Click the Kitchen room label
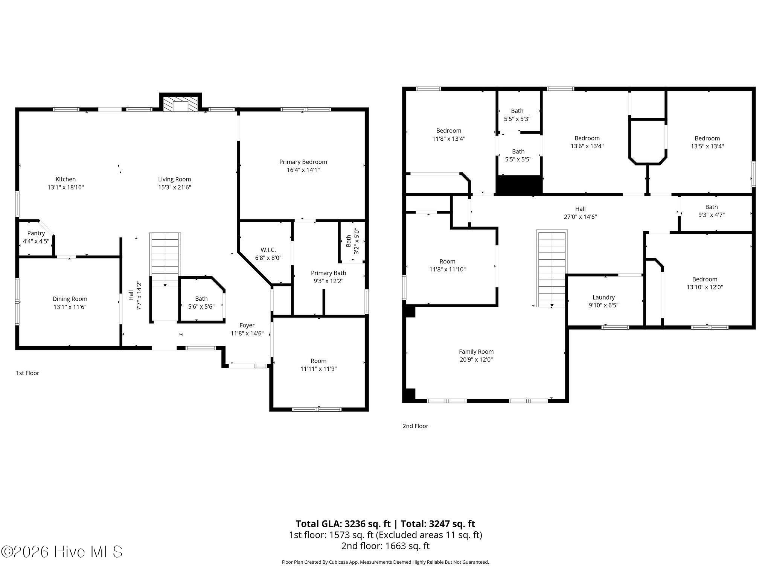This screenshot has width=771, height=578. pos(66,179)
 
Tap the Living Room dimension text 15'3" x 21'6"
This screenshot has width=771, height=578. pos(175,187)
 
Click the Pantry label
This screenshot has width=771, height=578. pos(36,233)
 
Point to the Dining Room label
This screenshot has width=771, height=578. pos(70,299)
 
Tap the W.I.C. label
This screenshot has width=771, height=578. pos(268,250)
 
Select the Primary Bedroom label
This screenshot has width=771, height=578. pos(303,162)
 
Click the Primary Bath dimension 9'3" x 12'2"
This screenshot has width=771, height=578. pos(329,281)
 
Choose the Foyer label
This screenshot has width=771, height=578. pos(247,325)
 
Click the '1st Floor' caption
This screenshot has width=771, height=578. pos(27,373)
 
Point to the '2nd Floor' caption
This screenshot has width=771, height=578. pos(416,426)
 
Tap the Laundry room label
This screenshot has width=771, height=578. pos(603,297)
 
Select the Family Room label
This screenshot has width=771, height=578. pos(476,351)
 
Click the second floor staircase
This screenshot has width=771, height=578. pos(552,269)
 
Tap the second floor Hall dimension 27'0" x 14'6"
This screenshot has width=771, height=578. pos(581,217)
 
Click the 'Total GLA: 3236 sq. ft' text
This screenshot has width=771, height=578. pos(343,524)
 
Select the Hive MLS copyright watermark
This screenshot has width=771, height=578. pos(62,552)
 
